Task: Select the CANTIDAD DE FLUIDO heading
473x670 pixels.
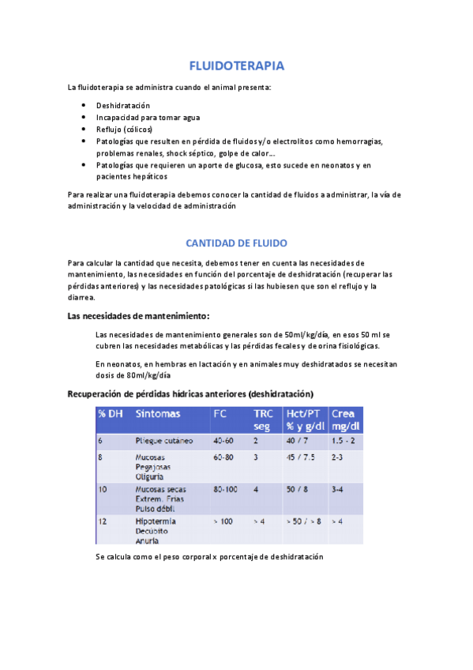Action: (x=236, y=243)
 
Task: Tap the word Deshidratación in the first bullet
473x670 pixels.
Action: (x=123, y=106)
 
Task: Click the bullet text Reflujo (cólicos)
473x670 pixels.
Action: (x=125, y=130)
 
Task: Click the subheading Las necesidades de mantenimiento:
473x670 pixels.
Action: (x=138, y=317)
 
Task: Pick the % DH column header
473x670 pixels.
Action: (x=111, y=414)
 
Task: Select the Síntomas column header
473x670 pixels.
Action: (x=158, y=414)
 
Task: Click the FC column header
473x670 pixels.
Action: (x=220, y=414)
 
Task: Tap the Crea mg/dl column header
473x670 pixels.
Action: (x=343, y=420)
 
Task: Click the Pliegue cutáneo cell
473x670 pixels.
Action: (x=165, y=440)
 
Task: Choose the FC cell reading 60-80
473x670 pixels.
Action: (x=223, y=457)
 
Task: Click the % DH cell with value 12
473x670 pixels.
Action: (x=102, y=522)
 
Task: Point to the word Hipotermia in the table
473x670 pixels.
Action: (x=156, y=522)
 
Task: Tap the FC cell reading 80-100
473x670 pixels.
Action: (x=226, y=490)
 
